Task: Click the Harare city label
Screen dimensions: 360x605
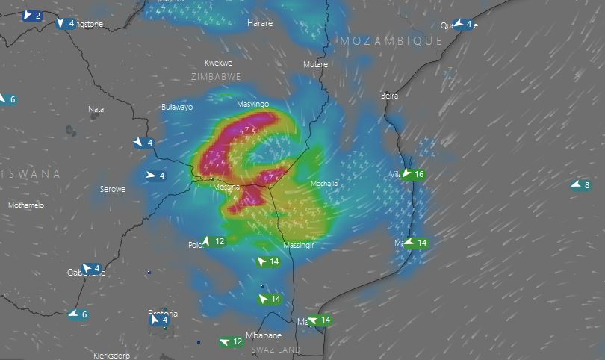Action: [259, 24]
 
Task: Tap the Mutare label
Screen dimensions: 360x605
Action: [315, 65]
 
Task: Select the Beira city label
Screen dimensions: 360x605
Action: [389, 96]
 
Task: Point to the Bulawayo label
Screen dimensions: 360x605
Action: [177, 108]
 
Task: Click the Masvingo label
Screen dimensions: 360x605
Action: [252, 105]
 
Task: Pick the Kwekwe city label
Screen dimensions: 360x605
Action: [219, 63]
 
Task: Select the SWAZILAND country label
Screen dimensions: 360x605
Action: [276, 350]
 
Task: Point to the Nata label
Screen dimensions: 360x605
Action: [96, 109]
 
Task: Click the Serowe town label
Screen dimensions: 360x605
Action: [113, 190]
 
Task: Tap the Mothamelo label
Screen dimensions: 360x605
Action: [26, 205]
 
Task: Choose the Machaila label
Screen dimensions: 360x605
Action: [324, 184]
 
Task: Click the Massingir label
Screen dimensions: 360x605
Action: [300, 246]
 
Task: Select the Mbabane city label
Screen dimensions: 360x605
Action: [264, 335]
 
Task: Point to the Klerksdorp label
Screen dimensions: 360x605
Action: [116, 356]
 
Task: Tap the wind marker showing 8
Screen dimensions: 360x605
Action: [581, 186]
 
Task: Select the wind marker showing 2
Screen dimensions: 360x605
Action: [32, 16]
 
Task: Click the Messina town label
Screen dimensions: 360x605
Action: [226, 187]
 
